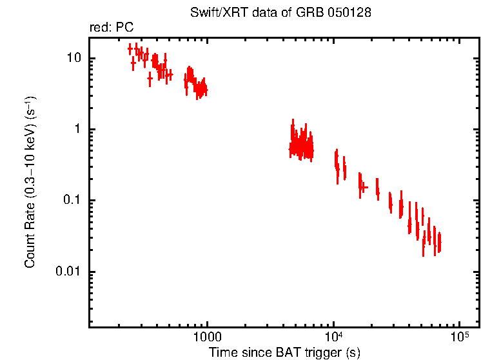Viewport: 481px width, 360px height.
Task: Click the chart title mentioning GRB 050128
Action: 280,13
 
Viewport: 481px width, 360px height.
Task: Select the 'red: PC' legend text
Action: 112,28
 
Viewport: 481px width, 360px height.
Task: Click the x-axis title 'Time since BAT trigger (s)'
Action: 284,352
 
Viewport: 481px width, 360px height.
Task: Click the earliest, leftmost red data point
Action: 130,48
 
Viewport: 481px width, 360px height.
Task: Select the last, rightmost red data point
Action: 439,243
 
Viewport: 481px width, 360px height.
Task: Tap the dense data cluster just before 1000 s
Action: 195,83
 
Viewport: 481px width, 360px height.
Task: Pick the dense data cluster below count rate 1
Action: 300,146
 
